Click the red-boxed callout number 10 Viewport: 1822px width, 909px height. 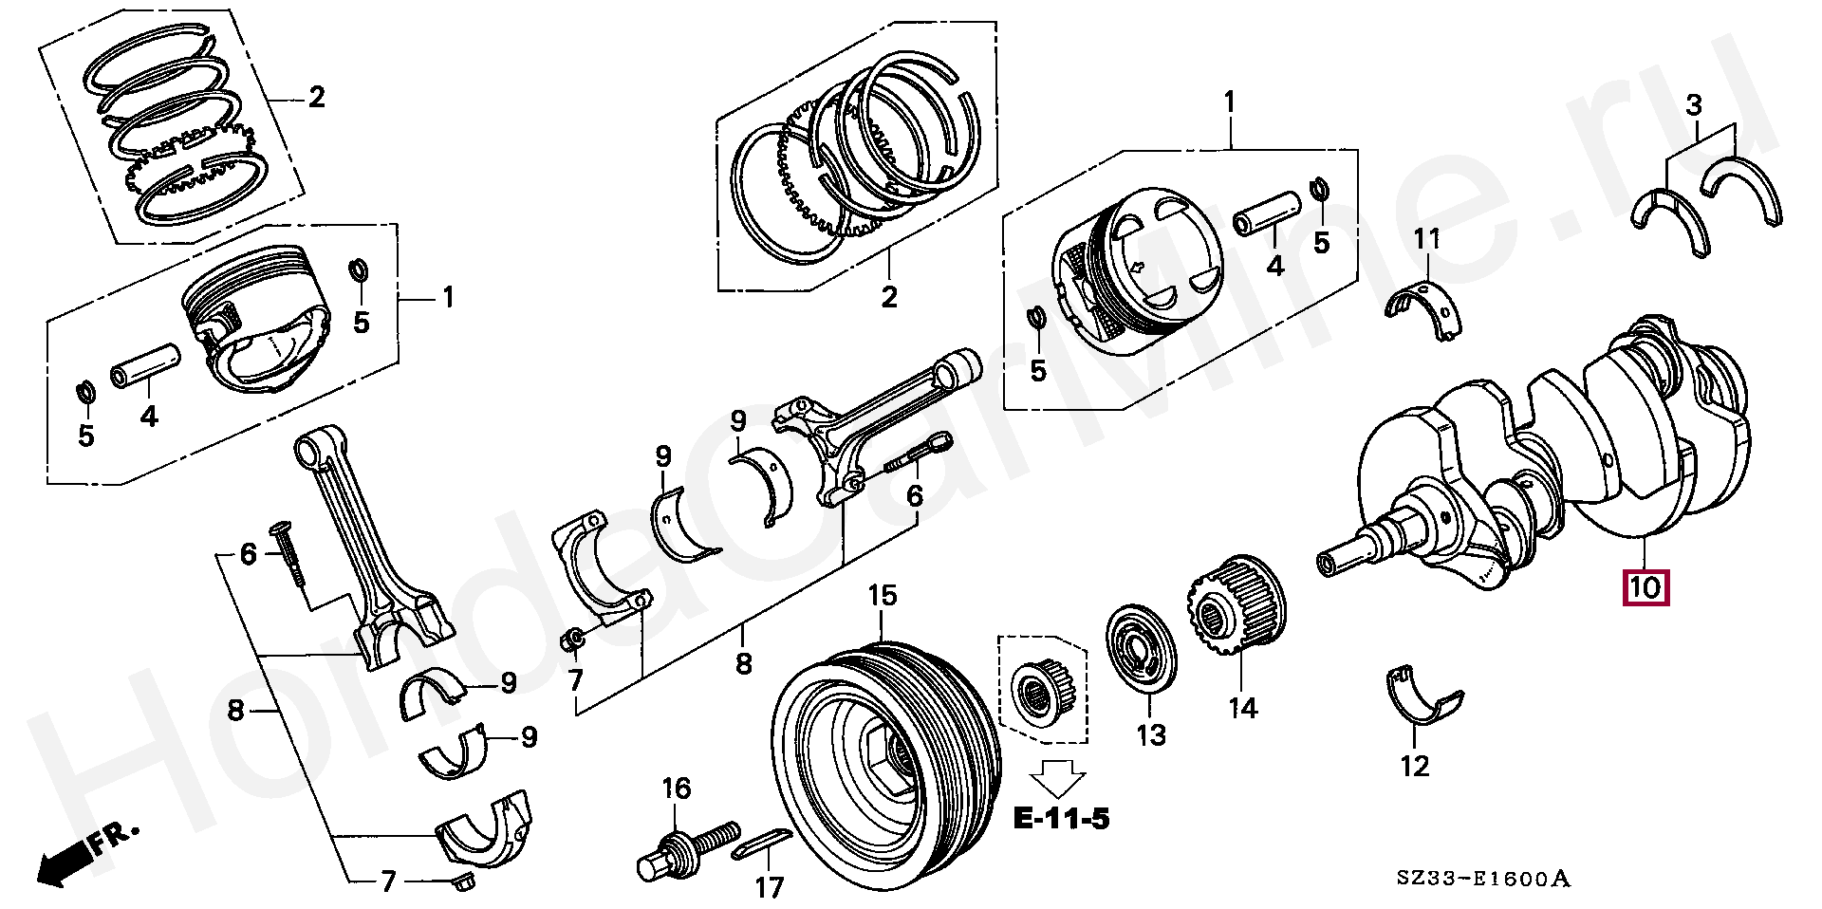click(1645, 587)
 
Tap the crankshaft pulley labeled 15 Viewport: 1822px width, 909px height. click(883, 749)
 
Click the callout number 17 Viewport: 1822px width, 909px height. click(769, 887)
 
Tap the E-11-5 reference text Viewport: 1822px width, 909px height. click(1060, 817)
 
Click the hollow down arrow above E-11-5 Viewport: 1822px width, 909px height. click(1058, 775)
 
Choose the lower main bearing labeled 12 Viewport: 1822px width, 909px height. click(1421, 702)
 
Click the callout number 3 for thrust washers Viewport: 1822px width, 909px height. click(1695, 104)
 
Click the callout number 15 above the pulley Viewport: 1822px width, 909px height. click(882, 596)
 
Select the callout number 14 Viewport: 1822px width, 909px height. click(1242, 708)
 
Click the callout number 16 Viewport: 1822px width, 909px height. click(677, 788)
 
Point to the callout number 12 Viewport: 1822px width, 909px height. click(1414, 765)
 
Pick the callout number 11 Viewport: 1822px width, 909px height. click(1426, 238)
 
